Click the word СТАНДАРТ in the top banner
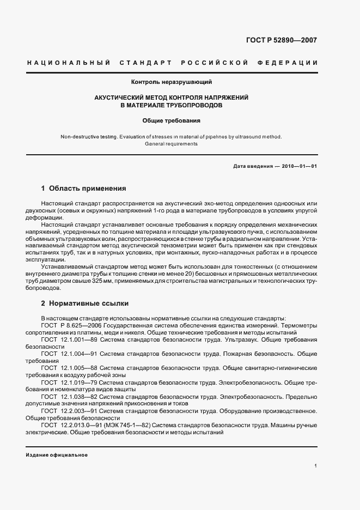coord(145,63)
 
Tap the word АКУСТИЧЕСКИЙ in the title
coord(119,97)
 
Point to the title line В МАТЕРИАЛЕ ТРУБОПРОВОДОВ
coord(172,105)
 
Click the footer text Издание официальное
coord(57,454)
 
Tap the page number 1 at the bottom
coord(316,466)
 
